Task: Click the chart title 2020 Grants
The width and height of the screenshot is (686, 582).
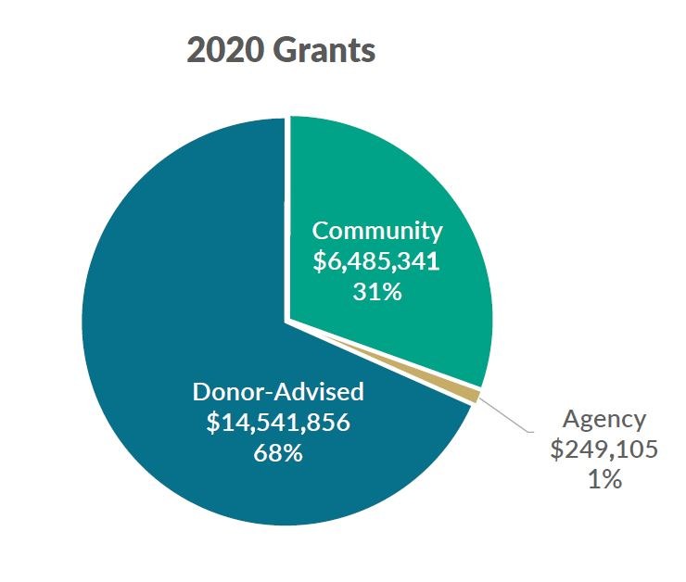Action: click(x=281, y=50)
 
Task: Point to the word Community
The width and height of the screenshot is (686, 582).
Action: click(x=377, y=230)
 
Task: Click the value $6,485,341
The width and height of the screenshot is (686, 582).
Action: click(x=377, y=261)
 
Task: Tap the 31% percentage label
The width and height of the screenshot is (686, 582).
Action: click(x=376, y=293)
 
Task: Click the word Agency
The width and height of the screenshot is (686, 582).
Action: click(x=603, y=419)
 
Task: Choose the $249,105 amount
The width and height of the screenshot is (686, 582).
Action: click(x=603, y=450)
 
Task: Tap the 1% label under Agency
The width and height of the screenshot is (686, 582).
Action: click(x=603, y=481)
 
